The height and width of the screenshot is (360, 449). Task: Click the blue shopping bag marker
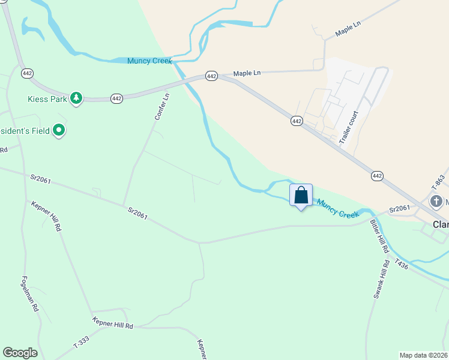pyautogui.click(x=301, y=196)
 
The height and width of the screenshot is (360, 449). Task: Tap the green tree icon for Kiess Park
pyautogui.click(x=76, y=98)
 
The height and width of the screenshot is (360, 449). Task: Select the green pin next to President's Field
pyautogui.click(x=59, y=130)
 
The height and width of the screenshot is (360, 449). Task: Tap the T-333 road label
pyautogui.click(x=81, y=343)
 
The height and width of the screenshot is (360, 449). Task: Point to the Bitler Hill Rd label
pyautogui.click(x=379, y=236)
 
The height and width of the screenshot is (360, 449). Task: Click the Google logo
pyautogui.click(x=20, y=353)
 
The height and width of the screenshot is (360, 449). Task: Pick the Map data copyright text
pyautogui.click(x=424, y=355)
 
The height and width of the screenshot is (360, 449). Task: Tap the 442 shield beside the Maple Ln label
pyautogui.click(x=211, y=76)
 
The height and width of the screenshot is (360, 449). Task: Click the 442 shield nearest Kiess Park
pyautogui.click(x=116, y=98)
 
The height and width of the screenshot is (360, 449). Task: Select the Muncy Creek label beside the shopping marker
pyautogui.click(x=337, y=209)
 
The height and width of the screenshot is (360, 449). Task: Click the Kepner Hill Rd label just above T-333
pyautogui.click(x=112, y=325)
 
